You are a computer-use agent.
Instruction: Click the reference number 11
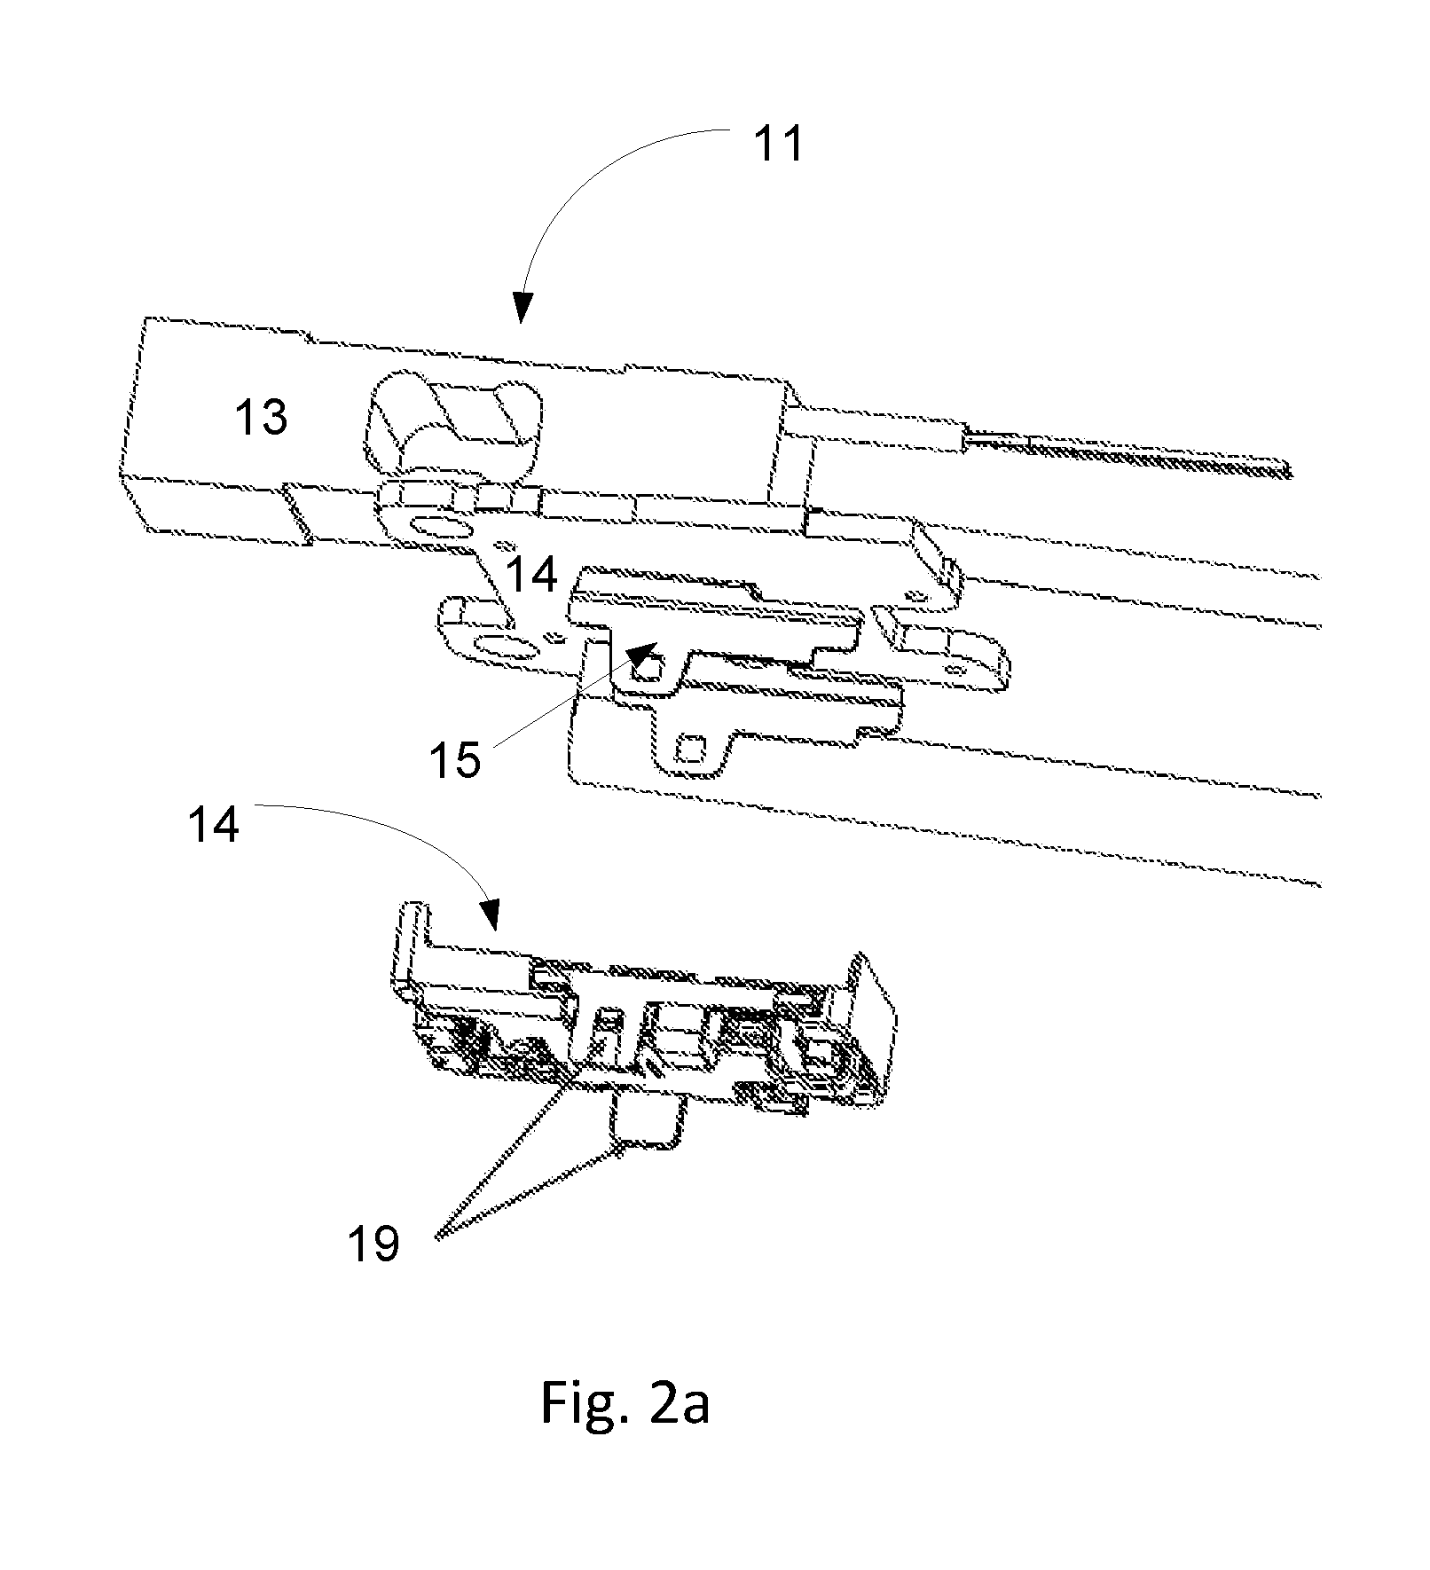(x=778, y=145)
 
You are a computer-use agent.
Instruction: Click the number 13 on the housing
(x=261, y=417)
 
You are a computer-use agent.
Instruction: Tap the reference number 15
(x=455, y=759)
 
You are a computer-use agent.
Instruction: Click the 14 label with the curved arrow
(x=214, y=824)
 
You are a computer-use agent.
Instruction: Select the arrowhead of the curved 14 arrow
(x=491, y=915)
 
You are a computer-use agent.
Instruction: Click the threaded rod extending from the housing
(x=1127, y=454)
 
